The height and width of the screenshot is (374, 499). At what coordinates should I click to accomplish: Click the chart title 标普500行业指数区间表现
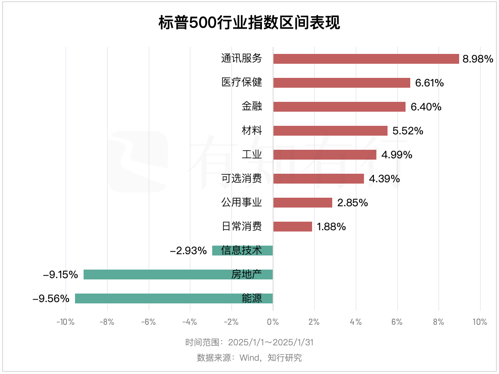tap(249, 22)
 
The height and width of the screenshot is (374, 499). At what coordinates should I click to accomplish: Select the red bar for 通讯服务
tap(366, 59)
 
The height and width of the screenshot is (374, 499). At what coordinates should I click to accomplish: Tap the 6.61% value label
tap(429, 83)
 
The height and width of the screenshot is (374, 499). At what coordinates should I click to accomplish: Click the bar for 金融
tap(339, 107)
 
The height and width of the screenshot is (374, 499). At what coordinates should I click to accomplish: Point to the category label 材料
tap(252, 131)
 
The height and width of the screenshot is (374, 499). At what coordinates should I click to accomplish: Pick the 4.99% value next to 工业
tap(397, 155)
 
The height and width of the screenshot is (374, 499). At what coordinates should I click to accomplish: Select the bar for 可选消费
tap(318, 178)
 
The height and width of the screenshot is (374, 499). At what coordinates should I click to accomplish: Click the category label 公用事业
tap(241, 202)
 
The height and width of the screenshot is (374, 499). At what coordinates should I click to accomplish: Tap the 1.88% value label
tap(331, 227)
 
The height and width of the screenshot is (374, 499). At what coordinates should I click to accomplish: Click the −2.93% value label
tap(188, 251)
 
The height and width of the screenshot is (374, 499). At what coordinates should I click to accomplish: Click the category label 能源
tap(252, 298)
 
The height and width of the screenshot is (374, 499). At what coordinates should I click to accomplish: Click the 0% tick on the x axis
tap(273, 322)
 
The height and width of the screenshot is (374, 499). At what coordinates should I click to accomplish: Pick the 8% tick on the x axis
tap(439, 322)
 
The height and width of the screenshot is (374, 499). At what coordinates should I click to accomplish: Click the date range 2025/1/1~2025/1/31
tap(271, 343)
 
